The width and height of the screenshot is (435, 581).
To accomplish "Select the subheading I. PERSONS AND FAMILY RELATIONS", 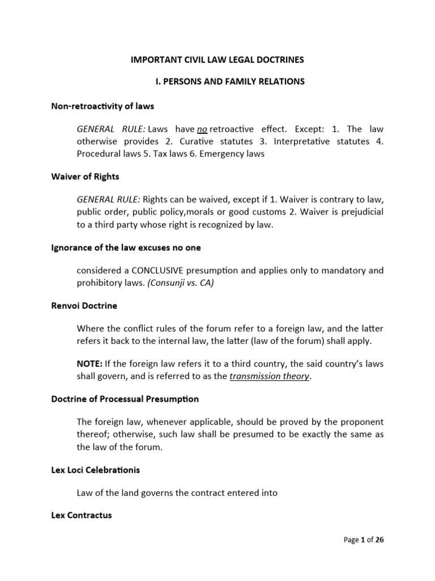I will click(230, 82).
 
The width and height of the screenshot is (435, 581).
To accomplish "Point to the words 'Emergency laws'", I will click(234, 154).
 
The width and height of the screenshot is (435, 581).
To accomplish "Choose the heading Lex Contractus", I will click(82, 516).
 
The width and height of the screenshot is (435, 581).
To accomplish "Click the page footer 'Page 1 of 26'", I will click(364, 540).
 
